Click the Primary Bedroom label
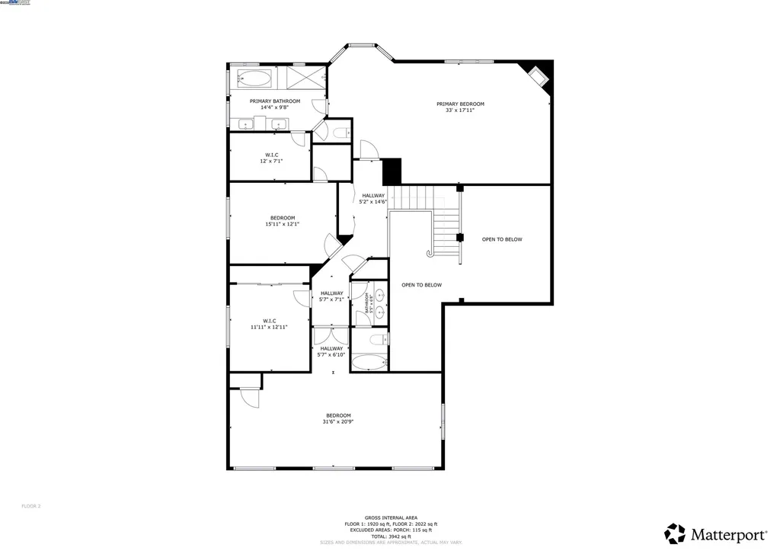460,104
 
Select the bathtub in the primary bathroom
254,78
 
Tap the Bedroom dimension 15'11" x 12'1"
282,224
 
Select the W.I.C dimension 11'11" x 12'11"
269,327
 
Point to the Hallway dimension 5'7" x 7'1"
331,300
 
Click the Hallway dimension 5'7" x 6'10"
331,354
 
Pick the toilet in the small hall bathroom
376,338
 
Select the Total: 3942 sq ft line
390,537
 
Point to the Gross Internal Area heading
390,517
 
